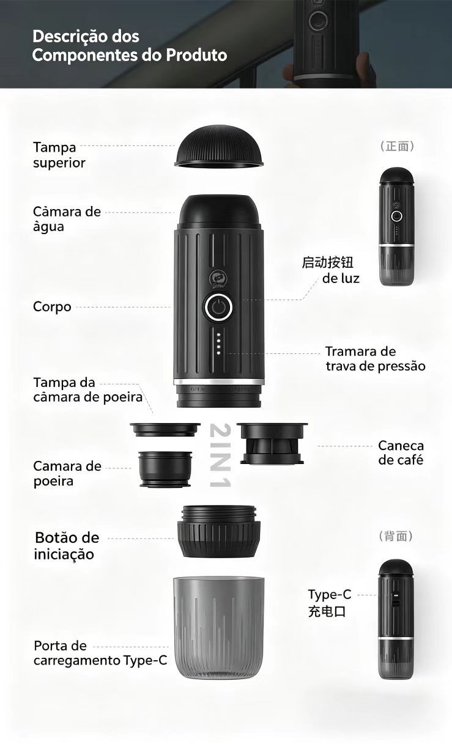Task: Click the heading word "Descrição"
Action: [x=86, y=37]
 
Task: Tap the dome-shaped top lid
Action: [x=219, y=147]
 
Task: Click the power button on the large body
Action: [x=218, y=307]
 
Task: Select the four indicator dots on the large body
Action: [x=218, y=344]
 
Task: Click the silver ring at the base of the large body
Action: [x=219, y=381]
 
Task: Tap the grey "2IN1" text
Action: [x=220, y=455]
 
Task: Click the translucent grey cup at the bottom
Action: [x=219, y=628]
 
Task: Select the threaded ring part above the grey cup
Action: [x=219, y=531]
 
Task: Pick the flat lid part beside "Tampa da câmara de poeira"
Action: [x=165, y=429]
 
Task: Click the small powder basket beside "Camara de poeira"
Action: [x=165, y=469]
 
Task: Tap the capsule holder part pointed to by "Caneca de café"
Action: [x=272, y=443]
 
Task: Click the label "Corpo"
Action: [x=52, y=307]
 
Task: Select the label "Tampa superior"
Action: [x=59, y=155]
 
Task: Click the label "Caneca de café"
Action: [x=401, y=453]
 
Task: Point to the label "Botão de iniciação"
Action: [x=67, y=546]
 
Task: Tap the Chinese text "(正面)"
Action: [x=397, y=146]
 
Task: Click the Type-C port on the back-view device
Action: [x=395, y=599]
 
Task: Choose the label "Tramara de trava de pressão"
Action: [x=375, y=359]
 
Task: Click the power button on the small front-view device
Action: [x=396, y=216]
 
